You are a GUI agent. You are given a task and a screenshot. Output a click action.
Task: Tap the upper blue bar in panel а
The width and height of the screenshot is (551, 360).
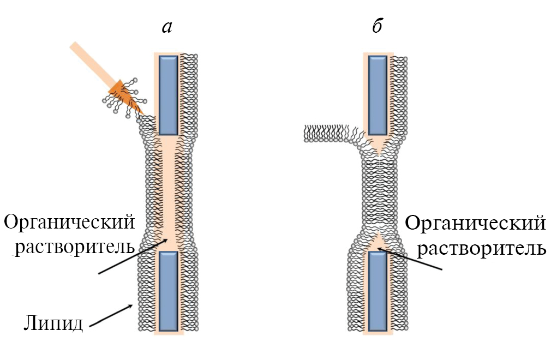(169, 95)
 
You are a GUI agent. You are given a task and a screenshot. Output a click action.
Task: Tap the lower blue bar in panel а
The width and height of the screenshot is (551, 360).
(169, 291)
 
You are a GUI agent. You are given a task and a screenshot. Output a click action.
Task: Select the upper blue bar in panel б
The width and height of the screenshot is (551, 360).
(378, 95)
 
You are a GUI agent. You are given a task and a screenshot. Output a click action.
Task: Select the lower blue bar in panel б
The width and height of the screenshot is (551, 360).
(378, 291)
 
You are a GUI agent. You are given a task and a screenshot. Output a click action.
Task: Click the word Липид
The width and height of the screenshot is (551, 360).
(53, 323)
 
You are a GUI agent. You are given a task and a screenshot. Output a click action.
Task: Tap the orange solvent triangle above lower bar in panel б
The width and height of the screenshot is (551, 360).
(378, 241)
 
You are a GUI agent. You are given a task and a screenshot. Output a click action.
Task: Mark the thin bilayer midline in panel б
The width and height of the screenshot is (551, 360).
(378, 191)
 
